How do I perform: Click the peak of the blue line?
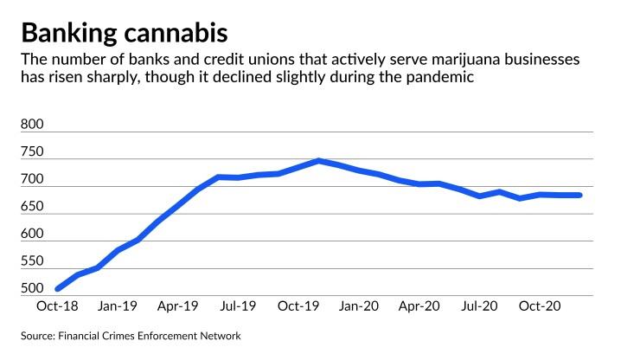319,161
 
